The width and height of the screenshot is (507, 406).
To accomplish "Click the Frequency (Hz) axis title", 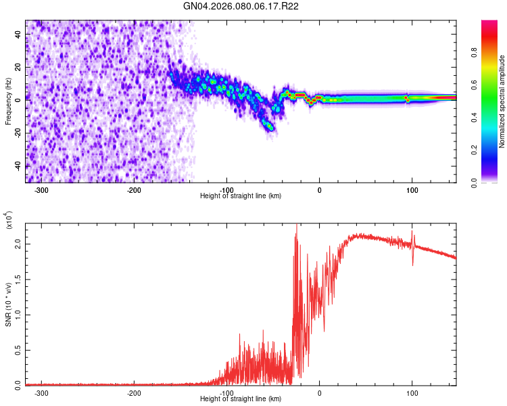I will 9,101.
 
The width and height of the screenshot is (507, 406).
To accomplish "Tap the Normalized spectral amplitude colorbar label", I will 502,101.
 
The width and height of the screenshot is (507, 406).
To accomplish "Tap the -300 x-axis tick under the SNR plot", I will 41,393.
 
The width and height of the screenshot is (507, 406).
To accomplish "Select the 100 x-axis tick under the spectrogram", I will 412,190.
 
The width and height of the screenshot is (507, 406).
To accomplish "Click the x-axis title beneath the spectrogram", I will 241,196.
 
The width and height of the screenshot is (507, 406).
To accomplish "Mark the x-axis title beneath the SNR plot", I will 241,399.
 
